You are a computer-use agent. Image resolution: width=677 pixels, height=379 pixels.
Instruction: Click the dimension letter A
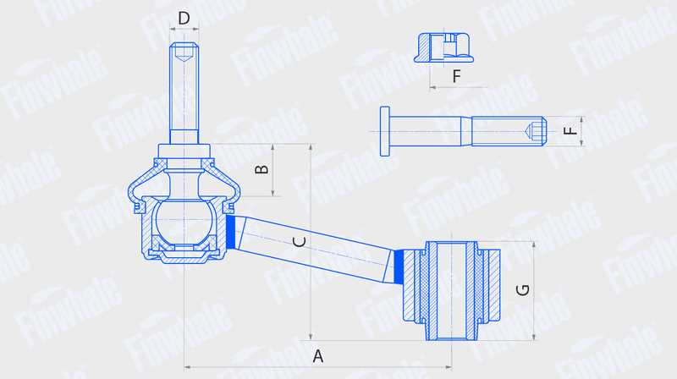[318, 356]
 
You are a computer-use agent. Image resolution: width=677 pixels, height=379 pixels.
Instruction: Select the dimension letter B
[261, 169]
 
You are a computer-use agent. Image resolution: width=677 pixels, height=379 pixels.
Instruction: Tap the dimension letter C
[300, 242]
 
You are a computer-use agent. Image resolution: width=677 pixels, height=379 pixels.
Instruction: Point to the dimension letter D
[184, 18]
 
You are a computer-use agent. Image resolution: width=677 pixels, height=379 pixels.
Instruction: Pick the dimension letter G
[523, 289]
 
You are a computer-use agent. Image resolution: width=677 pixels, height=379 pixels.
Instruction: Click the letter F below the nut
[456, 76]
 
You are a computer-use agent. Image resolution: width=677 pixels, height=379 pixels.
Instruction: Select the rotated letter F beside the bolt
[570, 130]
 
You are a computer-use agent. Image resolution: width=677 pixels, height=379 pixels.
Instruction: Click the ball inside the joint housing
[184, 220]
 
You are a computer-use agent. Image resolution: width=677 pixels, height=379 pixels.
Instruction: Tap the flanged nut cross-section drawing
[443, 47]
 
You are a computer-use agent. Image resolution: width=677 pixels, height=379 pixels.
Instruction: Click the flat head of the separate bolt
[385, 131]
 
